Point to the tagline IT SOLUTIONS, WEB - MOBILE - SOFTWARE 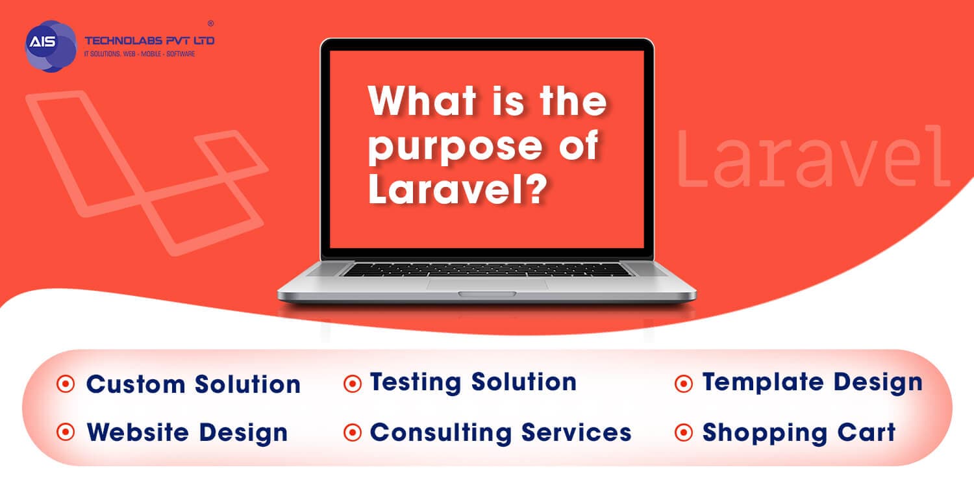tap(140, 54)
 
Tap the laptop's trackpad tap(487, 284)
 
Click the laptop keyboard tap(487, 269)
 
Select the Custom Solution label tap(194, 384)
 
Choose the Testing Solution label tap(473, 382)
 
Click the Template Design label tap(812, 382)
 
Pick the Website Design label tap(187, 432)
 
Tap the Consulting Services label tap(501, 432)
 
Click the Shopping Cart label tap(799, 432)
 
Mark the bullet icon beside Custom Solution tap(66, 384)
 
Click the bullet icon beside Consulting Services tap(352, 432)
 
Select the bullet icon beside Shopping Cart tap(684, 432)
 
